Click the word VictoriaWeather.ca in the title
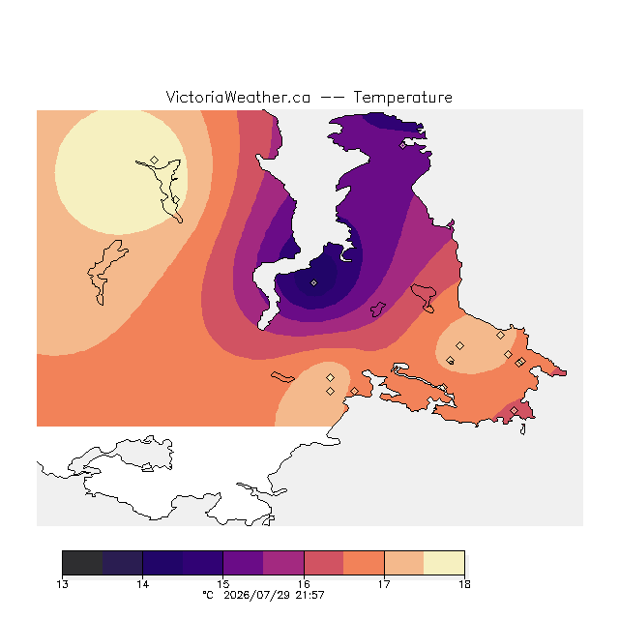238,97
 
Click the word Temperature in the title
402,97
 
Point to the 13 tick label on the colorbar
62,584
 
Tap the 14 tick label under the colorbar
142,584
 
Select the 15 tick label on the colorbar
223,584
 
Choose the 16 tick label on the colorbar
304,584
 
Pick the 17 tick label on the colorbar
384,584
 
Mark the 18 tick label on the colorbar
464,584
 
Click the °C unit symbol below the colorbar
208,595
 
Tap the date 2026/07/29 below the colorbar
256,595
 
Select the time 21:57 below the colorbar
309,595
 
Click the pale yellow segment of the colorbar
444,563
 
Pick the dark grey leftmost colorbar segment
82,563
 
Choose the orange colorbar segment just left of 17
364,563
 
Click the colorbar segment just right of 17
404,563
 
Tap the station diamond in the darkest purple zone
313,282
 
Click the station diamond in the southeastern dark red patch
514,410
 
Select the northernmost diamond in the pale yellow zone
155,160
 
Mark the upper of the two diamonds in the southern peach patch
331,378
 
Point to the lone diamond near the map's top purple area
402,146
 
